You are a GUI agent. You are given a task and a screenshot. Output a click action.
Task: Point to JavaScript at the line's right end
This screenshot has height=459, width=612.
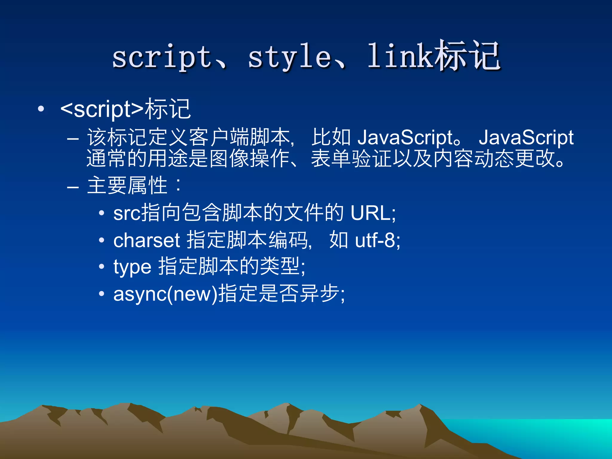tap(526, 138)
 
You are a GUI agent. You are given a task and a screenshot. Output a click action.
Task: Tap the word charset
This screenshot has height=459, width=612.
tap(146, 240)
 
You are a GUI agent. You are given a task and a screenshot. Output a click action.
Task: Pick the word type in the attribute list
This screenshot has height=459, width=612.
tap(132, 267)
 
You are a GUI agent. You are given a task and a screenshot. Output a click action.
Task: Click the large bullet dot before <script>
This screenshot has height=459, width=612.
tap(41, 109)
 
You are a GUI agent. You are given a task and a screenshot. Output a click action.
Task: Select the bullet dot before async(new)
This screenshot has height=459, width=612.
tap(102, 294)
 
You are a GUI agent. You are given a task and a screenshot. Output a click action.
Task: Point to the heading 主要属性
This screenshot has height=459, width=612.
tap(127, 186)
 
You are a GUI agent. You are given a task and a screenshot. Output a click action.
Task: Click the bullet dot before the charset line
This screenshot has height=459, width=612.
tap(102, 240)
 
